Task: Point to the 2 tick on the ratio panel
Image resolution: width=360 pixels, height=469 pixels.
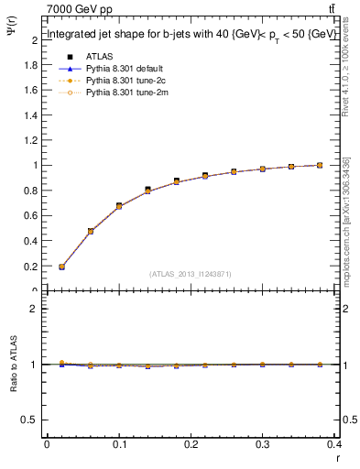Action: [x=34, y=309]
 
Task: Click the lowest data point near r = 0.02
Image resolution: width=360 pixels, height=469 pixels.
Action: [x=61, y=267]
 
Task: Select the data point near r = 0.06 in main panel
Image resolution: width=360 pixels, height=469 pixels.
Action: [x=91, y=231]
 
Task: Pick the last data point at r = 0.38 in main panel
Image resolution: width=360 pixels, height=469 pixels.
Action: [x=319, y=165]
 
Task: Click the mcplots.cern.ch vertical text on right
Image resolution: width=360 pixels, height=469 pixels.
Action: [x=346, y=220]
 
